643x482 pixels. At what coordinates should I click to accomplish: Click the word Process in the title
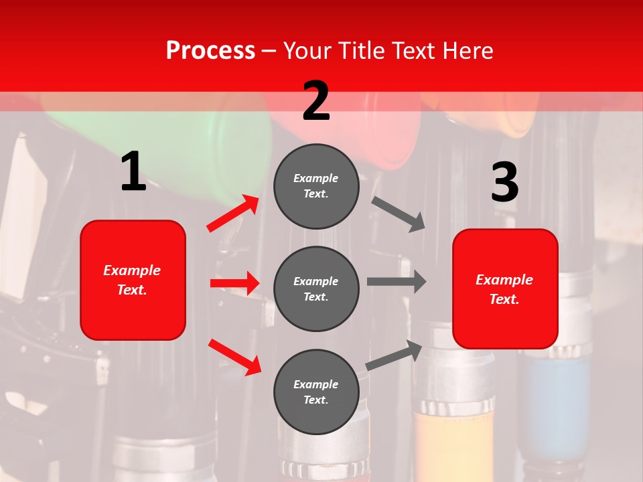click(x=210, y=50)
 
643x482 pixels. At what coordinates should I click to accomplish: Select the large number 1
click(x=133, y=172)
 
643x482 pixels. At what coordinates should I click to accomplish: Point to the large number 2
click(x=316, y=101)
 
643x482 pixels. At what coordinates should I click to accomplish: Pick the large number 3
click(x=504, y=183)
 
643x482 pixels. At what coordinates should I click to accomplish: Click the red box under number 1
click(x=133, y=280)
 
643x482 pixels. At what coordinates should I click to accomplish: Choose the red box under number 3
click(x=505, y=289)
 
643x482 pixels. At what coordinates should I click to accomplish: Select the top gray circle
click(x=316, y=186)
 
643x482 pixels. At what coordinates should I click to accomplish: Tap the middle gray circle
click(x=316, y=289)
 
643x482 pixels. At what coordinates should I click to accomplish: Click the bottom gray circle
click(x=316, y=392)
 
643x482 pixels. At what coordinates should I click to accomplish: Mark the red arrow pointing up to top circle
click(x=233, y=214)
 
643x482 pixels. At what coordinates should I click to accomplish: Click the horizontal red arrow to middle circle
click(x=234, y=283)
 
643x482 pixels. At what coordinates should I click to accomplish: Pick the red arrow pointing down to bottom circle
click(x=234, y=357)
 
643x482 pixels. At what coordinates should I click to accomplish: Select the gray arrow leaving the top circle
click(x=399, y=214)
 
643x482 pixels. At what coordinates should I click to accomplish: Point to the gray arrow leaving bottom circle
click(x=394, y=355)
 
